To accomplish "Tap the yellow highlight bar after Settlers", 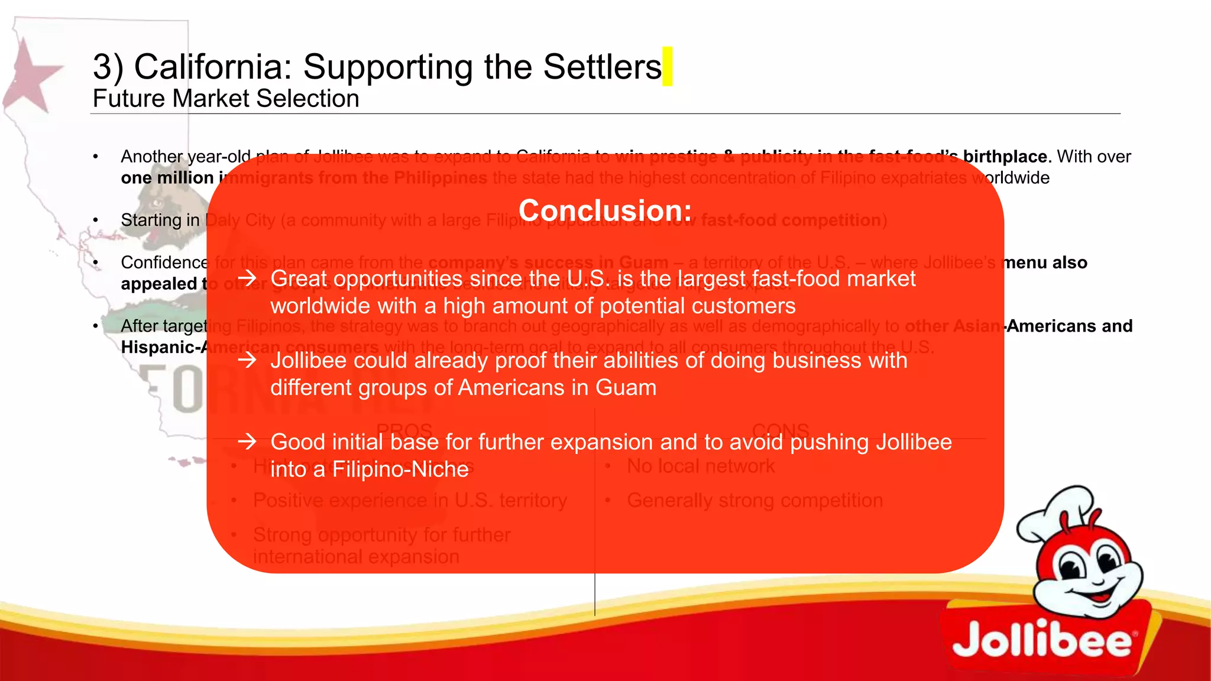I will (668, 66).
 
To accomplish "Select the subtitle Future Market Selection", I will (226, 99).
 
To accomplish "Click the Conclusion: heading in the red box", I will (605, 210).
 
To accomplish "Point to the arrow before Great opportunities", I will (247, 278).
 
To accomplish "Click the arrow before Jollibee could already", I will (247, 359).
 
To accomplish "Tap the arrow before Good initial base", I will (247, 441).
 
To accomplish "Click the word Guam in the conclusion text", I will (626, 388).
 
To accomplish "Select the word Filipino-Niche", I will (400, 469).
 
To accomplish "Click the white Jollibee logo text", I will (1041, 641).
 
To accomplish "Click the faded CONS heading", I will (781, 430).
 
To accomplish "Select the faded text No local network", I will (701, 466).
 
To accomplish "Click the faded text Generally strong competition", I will (755, 501).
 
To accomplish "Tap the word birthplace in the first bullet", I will (1005, 157).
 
